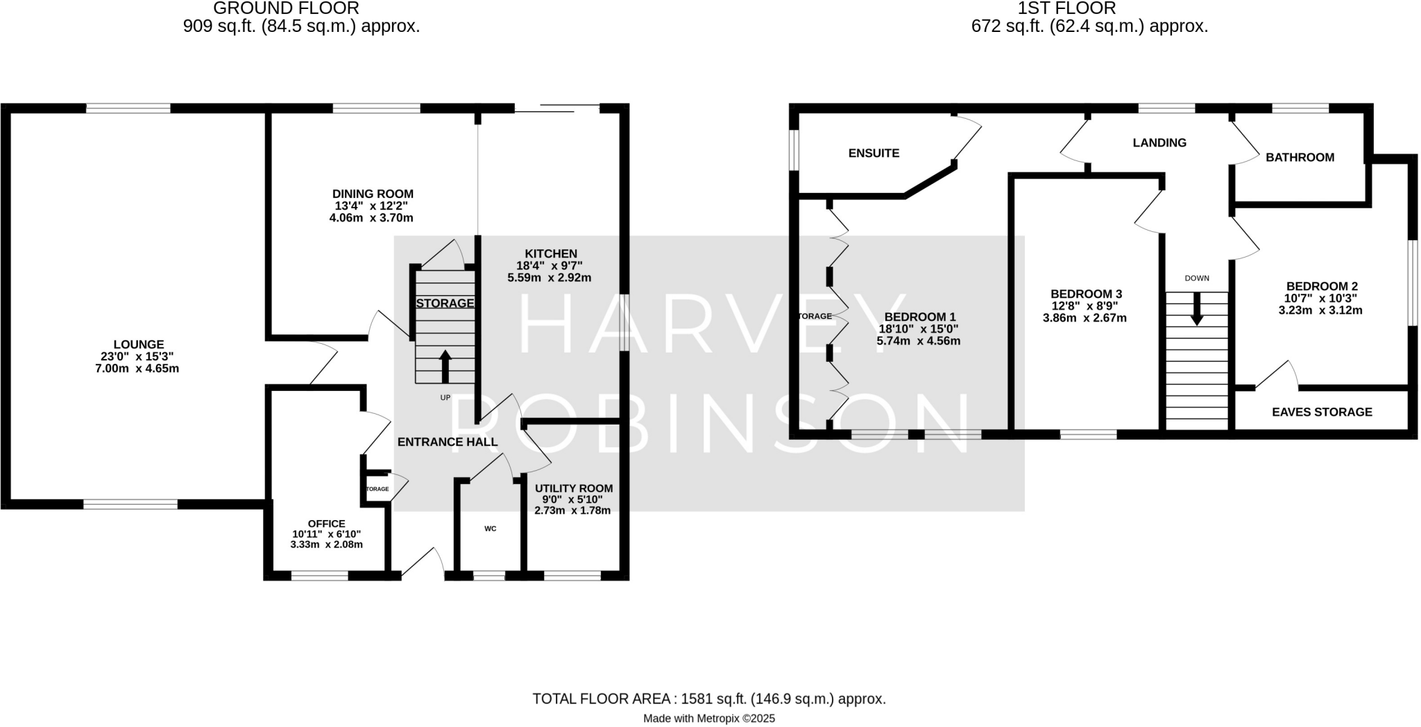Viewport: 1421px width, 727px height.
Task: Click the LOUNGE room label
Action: (x=139, y=344)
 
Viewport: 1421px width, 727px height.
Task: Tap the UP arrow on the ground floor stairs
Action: (x=445, y=367)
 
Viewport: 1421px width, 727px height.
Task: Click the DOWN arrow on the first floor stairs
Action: (x=1197, y=309)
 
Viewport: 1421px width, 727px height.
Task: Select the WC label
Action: (x=490, y=528)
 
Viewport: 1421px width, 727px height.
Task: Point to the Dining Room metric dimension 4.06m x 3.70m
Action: (x=371, y=218)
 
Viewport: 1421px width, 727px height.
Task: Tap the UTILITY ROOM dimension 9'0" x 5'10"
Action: (x=572, y=499)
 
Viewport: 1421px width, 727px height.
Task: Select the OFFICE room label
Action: (x=326, y=524)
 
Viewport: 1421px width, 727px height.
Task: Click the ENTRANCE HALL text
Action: (x=447, y=442)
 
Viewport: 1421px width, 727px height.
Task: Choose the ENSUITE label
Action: (x=874, y=153)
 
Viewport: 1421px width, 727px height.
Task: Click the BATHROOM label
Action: (x=1300, y=158)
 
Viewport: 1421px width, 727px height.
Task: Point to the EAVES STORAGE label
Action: (x=1322, y=412)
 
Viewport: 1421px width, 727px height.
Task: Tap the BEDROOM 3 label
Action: (x=1086, y=294)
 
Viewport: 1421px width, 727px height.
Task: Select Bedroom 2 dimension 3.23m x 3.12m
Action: (x=1320, y=310)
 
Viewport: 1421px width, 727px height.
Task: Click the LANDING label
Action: (x=1159, y=143)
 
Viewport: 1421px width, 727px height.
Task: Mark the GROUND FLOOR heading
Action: (x=286, y=8)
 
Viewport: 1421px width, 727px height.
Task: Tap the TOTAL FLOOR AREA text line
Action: (x=709, y=699)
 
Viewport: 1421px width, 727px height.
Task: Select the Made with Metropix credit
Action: (x=709, y=719)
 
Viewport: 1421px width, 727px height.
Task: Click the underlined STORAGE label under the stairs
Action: (x=445, y=303)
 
